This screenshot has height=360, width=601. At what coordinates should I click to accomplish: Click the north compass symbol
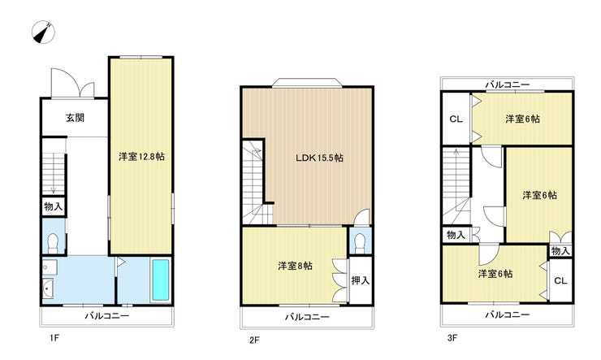pyautogui.click(x=43, y=32)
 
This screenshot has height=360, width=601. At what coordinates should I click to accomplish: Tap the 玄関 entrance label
pyautogui.click(x=75, y=118)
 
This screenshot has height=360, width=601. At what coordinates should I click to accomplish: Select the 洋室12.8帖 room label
pyautogui.click(x=141, y=156)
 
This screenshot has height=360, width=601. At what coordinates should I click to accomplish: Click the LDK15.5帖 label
pyautogui.click(x=319, y=158)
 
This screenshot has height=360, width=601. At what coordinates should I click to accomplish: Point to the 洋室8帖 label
pyautogui.click(x=295, y=266)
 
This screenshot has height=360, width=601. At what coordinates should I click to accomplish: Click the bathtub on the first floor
pyautogui.click(x=161, y=280)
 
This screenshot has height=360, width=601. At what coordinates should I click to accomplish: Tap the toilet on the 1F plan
pyautogui.click(x=53, y=243)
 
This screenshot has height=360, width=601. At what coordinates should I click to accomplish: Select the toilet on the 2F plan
pyautogui.click(x=360, y=243)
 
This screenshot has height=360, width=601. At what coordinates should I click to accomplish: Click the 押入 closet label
pyautogui.click(x=361, y=280)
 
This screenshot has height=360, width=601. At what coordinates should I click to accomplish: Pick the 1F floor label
pyautogui.click(x=54, y=338)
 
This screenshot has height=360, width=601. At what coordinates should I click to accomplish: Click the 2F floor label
pyautogui.click(x=254, y=340)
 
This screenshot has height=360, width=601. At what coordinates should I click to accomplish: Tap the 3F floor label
pyautogui.click(x=452, y=338)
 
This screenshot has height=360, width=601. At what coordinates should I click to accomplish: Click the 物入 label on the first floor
pyautogui.click(x=54, y=206)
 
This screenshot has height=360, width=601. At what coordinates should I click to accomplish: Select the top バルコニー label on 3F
pyautogui.click(x=508, y=85)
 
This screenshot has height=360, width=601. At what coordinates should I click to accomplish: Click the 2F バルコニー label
pyautogui.click(x=307, y=317)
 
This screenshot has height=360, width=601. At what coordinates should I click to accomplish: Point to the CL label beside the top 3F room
pyautogui.click(x=456, y=119)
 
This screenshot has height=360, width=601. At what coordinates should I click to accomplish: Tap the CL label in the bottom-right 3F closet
pyautogui.click(x=560, y=280)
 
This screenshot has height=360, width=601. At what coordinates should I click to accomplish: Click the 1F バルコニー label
pyautogui.click(x=107, y=316)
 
